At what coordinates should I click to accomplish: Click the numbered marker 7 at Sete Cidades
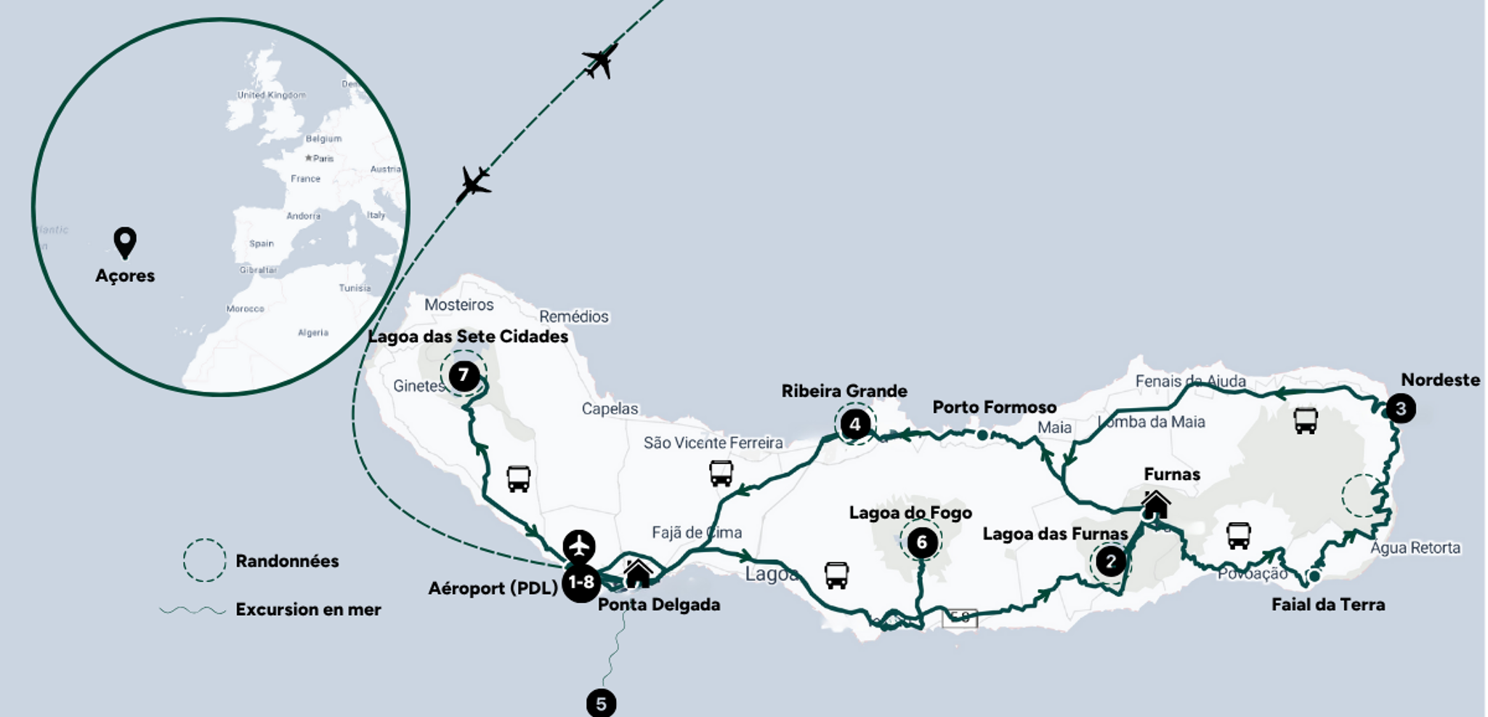pyautogui.click(x=464, y=376)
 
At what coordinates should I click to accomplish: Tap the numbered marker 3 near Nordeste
pyautogui.click(x=1400, y=409)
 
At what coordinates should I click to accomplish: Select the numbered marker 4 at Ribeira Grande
pyautogui.click(x=855, y=424)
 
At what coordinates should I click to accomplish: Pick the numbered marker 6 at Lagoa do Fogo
pyautogui.click(x=921, y=542)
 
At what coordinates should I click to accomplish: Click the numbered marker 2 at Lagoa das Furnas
pyautogui.click(x=1110, y=561)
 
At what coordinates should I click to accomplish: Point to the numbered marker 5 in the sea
pyautogui.click(x=601, y=703)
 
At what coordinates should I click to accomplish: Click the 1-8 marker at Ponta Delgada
pyautogui.click(x=581, y=582)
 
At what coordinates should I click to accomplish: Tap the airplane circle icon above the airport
pyautogui.click(x=579, y=545)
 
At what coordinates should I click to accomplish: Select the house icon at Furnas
pyautogui.click(x=1155, y=504)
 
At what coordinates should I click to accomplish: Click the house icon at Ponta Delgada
pyautogui.click(x=638, y=573)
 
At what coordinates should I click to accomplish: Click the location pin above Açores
pyautogui.click(x=125, y=243)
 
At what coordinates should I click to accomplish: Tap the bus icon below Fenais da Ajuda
pyautogui.click(x=1306, y=420)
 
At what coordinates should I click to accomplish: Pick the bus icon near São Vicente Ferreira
pyautogui.click(x=721, y=473)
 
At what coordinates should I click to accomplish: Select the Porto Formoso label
pyautogui.click(x=994, y=407)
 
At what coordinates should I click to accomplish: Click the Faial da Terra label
pyautogui.click(x=1327, y=604)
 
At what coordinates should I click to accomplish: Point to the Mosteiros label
pyautogui.click(x=458, y=305)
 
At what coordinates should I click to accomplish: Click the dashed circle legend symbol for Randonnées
pyautogui.click(x=204, y=560)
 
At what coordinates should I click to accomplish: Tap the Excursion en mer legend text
pyautogui.click(x=308, y=609)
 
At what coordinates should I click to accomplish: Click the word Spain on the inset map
pyautogui.click(x=262, y=244)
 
